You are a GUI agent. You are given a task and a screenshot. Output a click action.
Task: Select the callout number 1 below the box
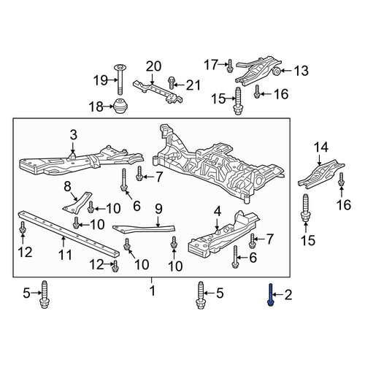[x=153, y=291]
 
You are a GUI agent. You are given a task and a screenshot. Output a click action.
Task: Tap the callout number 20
[x=153, y=66]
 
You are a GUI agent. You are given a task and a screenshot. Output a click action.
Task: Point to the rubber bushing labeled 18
[x=121, y=107]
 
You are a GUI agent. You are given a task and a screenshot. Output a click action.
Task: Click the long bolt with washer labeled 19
[x=120, y=80]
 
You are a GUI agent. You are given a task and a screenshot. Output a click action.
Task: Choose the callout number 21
[x=193, y=85]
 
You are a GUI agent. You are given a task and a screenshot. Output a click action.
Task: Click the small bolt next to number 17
[x=229, y=66]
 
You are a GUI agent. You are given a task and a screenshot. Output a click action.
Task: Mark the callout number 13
[x=301, y=71]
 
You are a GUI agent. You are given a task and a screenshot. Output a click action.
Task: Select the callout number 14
[x=321, y=147]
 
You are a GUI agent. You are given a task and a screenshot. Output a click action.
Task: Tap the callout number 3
[x=74, y=134]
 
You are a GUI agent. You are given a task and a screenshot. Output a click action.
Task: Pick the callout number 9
[x=158, y=209]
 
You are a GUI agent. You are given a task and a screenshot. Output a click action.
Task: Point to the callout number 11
[x=66, y=255]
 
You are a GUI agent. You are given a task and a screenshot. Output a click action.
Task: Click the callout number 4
[x=218, y=211]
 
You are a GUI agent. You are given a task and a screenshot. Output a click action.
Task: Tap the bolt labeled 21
[x=172, y=83]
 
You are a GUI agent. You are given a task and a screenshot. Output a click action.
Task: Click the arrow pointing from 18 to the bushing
[x=109, y=107]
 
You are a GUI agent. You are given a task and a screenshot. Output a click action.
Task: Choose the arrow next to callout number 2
[x=278, y=295]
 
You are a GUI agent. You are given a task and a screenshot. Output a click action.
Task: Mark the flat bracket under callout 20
[x=158, y=92]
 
